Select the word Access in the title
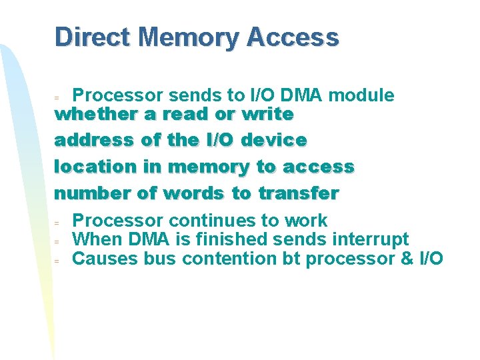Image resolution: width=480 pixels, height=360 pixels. [292, 37]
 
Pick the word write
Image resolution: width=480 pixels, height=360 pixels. [268, 114]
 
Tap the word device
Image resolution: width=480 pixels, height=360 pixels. [274, 141]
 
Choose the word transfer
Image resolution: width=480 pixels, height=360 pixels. [299, 194]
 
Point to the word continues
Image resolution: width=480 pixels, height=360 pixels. [214, 220]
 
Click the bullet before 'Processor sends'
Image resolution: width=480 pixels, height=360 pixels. [57, 98]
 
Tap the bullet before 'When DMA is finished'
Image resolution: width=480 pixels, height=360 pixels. [57, 241]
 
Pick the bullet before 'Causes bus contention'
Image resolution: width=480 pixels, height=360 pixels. [57, 261]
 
